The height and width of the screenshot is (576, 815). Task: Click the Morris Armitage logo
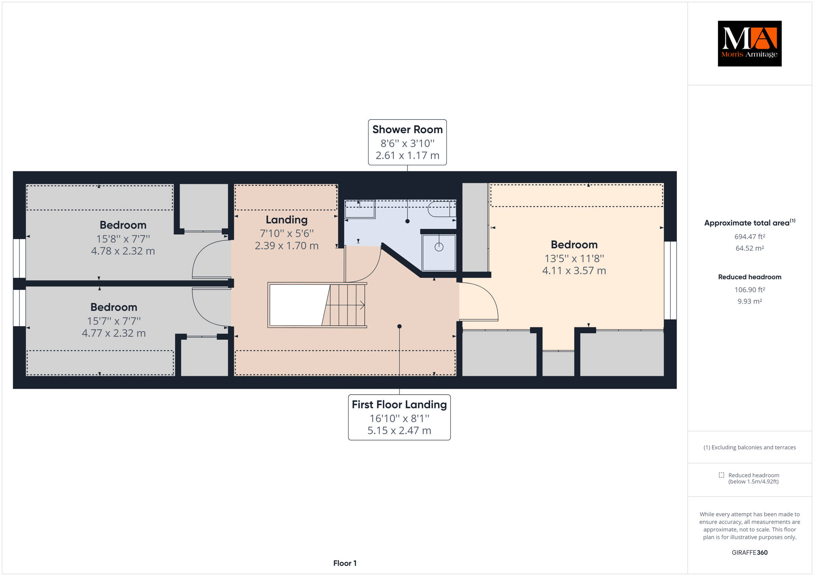click(x=749, y=43)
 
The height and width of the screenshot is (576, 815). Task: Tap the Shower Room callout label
click(x=407, y=142)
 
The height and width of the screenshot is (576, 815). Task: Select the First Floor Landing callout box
click(x=399, y=417)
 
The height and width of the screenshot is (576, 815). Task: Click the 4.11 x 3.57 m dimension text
click(x=574, y=270)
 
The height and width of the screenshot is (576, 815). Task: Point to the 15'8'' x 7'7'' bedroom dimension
click(x=123, y=239)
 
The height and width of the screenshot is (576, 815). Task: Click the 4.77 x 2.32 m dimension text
click(x=114, y=333)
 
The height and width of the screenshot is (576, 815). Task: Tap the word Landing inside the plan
click(x=287, y=220)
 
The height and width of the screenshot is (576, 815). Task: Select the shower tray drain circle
click(x=439, y=247)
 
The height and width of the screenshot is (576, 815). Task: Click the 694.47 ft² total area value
click(x=749, y=237)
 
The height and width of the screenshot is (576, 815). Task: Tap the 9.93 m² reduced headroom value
click(x=749, y=301)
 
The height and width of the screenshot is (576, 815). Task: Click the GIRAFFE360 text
click(x=749, y=553)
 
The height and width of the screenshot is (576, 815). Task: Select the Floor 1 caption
click(x=345, y=563)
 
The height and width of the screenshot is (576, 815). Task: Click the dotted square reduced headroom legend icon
click(x=721, y=475)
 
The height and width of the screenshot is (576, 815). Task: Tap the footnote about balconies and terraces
click(x=749, y=448)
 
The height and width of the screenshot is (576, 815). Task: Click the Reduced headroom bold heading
click(x=749, y=277)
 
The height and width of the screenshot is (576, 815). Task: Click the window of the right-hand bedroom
click(x=670, y=280)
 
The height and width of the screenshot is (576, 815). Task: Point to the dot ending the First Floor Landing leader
click(x=399, y=327)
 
